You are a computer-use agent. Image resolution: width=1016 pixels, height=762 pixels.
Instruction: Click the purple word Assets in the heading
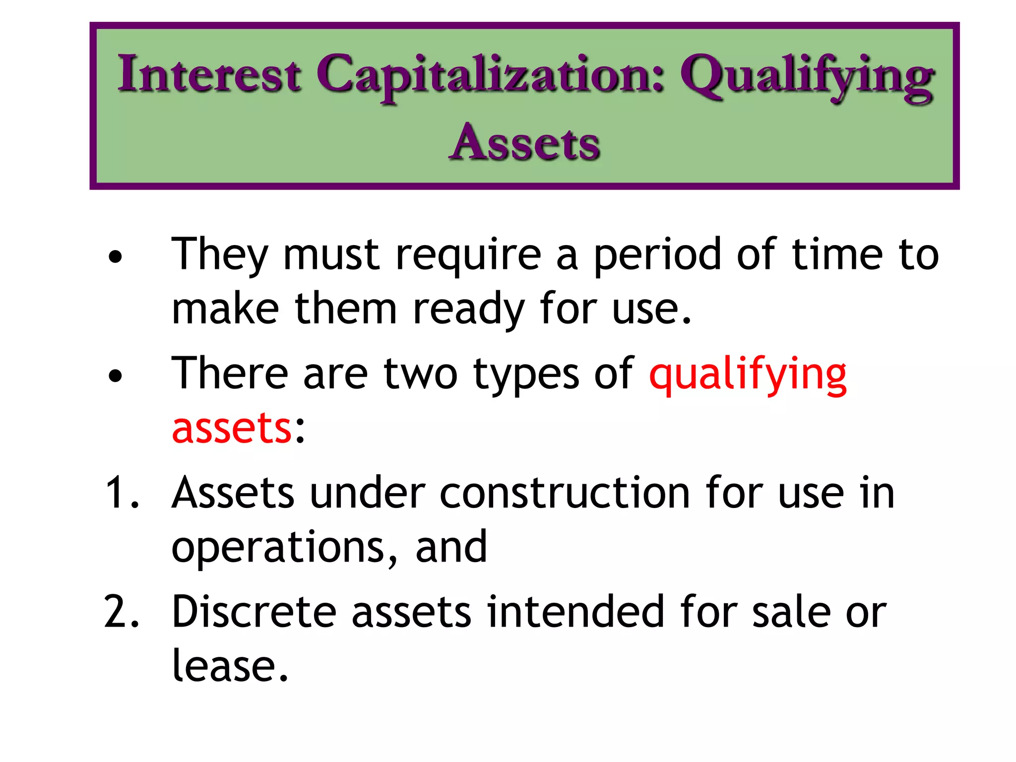[525, 143]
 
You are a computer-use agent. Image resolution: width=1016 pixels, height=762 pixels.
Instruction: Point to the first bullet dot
[115, 257]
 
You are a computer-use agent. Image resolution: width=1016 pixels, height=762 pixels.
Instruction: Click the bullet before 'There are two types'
[115, 376]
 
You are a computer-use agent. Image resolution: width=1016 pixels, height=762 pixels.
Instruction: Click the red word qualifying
[748, 375]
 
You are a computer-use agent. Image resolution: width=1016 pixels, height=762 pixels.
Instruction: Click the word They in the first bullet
[219, 255]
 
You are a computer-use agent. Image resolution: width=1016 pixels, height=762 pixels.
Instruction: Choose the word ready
[468, 311]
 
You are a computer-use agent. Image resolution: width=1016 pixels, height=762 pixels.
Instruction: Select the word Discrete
[254, 612]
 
